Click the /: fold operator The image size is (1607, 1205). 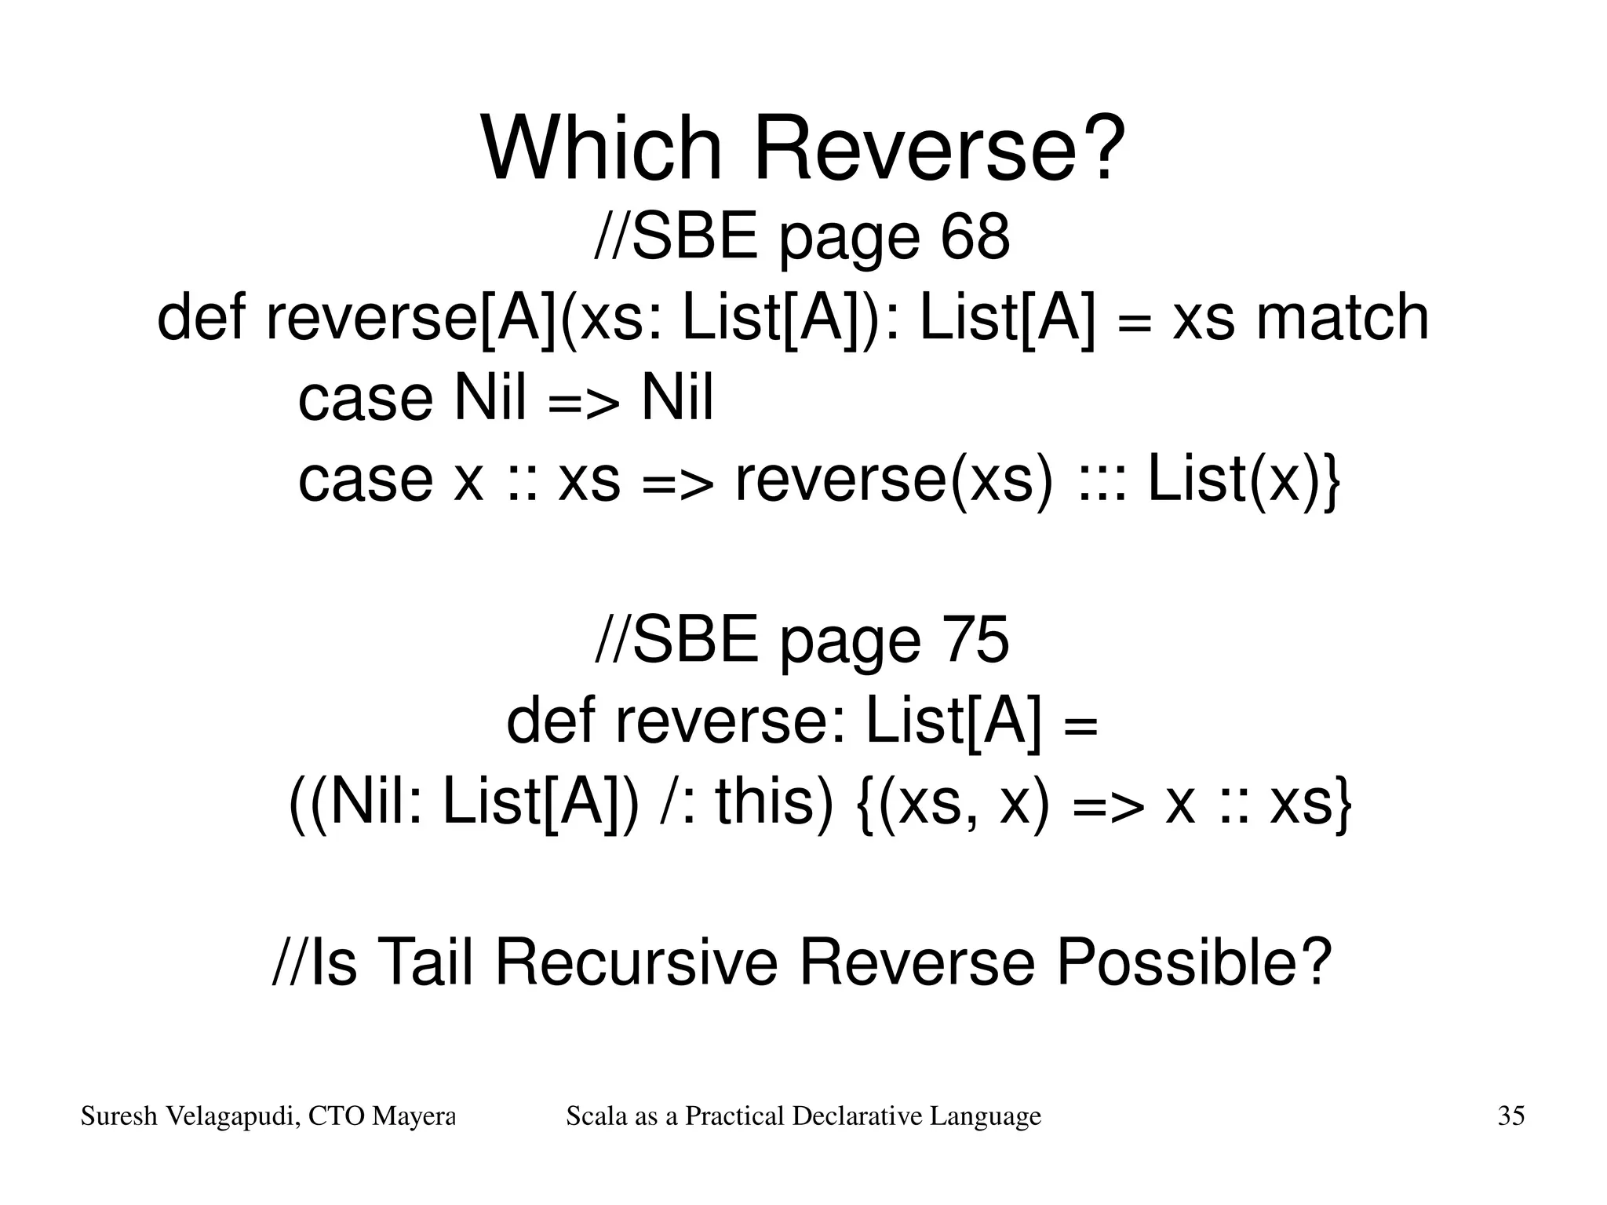pyautogui.click(x=676, y=802)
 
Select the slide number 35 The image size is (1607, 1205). pyautogui.click(x=1510, y=1116)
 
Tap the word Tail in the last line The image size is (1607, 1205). pyautogui.click(x=427, y=962)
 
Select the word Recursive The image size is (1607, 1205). pyautogui.click(x=636, y=962)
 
